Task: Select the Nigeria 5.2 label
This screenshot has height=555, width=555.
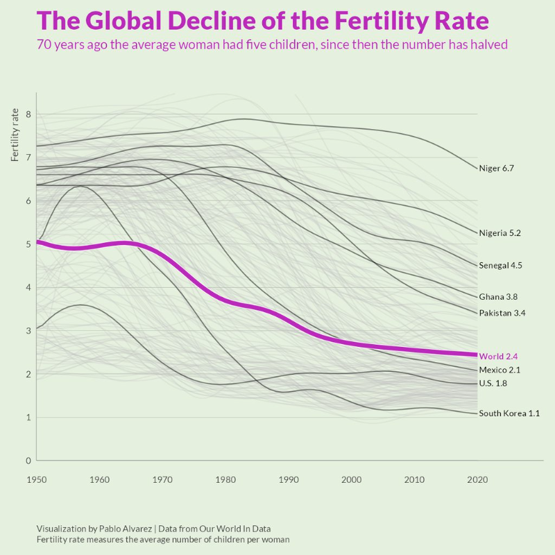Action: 499,233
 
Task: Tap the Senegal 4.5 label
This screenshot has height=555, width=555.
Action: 500,265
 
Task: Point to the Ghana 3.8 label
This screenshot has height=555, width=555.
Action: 498,297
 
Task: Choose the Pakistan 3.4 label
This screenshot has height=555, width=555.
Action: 502,313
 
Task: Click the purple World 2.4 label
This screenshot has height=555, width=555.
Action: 499,356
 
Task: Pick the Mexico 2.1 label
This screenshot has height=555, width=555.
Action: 499,370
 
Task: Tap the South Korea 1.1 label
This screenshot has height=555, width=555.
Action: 509,413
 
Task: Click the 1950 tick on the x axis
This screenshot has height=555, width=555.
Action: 36,479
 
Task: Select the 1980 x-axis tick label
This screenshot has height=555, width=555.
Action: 225,479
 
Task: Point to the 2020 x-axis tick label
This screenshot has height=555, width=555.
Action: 477,479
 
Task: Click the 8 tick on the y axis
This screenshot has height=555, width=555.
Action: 28,114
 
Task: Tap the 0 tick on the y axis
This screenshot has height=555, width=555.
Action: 28,461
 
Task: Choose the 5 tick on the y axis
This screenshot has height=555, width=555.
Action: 28,244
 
